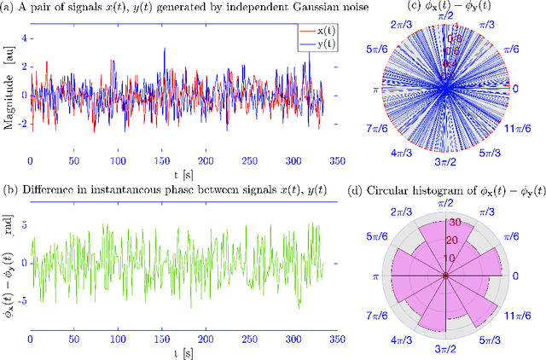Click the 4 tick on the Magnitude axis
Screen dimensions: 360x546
(x=24, y=38)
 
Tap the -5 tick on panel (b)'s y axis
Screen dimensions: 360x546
(x=22, y=300)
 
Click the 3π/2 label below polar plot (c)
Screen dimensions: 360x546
(x=445, y=162)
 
